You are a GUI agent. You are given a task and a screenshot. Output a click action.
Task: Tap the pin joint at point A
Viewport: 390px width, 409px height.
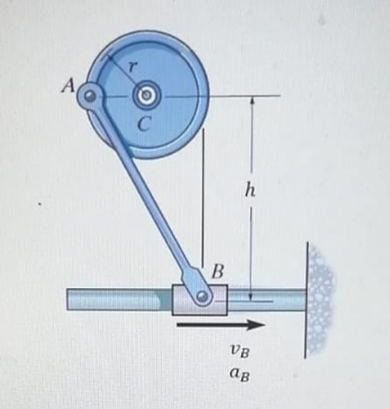90,95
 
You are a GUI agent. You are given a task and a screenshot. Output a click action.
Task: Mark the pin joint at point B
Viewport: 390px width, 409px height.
204,296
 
